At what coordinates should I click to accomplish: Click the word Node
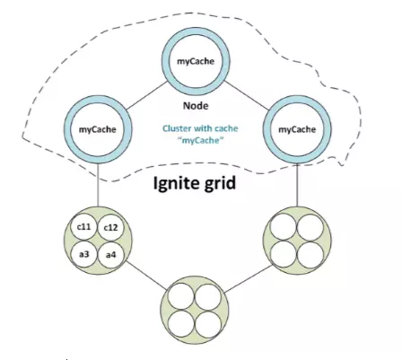pos(196,106)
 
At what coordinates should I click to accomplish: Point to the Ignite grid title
pos(195,183)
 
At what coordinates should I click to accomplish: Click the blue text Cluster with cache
pos(200,128)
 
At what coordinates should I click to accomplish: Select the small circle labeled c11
pos(83,227)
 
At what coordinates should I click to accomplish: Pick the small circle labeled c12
pos(110,228)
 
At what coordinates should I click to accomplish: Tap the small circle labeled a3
pos(84,254)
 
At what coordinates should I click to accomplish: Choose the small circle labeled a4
pos(110,255)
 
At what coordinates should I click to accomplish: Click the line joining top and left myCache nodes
pos(146,95)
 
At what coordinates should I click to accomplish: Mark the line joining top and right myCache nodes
pos(246,95)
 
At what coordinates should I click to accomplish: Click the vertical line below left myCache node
pos(98,185)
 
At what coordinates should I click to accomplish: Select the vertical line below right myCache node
pos(297,185)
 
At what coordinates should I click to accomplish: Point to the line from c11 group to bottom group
pos(146,276)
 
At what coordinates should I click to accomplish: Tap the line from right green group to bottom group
pos(248,279)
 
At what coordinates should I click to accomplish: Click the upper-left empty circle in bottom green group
pos(181,297)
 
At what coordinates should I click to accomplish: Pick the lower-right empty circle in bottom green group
pos(208,324)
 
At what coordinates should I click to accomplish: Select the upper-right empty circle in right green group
pos(310,227)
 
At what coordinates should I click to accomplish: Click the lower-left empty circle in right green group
pos(284,255)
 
